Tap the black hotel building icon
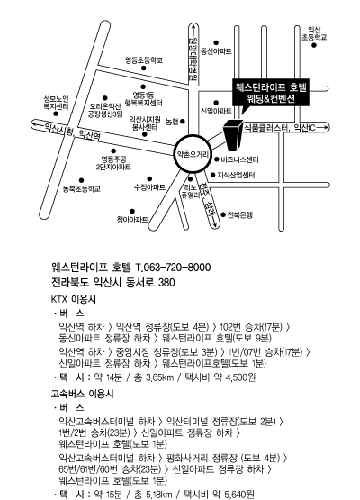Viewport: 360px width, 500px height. [x=233, y=135]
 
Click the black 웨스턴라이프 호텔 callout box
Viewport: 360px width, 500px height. [x=271, y=93]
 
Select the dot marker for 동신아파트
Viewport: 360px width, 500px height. [x=216, y=42]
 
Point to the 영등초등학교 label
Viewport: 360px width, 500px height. [x=144, y=60]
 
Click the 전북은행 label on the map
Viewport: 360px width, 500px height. [x=240, y=215]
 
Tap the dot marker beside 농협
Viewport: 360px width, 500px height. [x=183, y=122]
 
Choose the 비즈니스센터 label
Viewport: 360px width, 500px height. [x=239, y=159]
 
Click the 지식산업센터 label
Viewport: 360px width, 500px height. [x=236, y=175]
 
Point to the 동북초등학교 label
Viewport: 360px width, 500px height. [x=82, y=189]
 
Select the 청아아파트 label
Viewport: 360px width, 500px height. [x=132, y=220]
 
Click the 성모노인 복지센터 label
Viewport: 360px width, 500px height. [x=56, y=103]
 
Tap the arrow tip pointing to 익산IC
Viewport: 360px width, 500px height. [x=328, y=128]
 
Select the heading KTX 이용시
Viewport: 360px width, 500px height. [x=73, y=299]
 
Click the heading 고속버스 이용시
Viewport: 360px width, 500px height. [x=82, y=394]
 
